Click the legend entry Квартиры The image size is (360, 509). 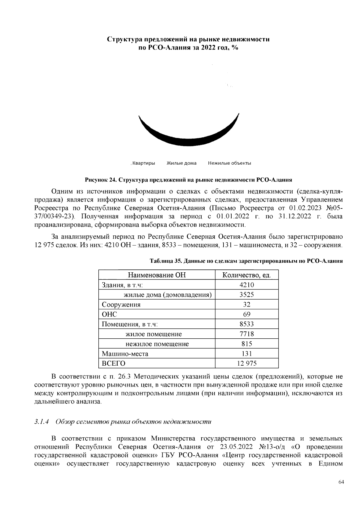(x=144, y=163)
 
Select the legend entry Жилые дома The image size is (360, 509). (x=181, y=163)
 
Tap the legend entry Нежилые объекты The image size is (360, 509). (x=229, y=163)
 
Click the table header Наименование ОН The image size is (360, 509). (x=157, y=275)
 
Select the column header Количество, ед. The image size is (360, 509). (x=247, y=275)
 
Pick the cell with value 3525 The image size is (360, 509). (x=247, y=295)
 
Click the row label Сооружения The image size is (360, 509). (x=121, y=305)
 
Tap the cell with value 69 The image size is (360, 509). (x=247, y=314)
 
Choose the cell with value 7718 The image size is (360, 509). (x=247, y=334)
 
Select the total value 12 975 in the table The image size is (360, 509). (x=247, y=364)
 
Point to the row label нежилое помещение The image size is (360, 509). (x=157, y=344)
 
